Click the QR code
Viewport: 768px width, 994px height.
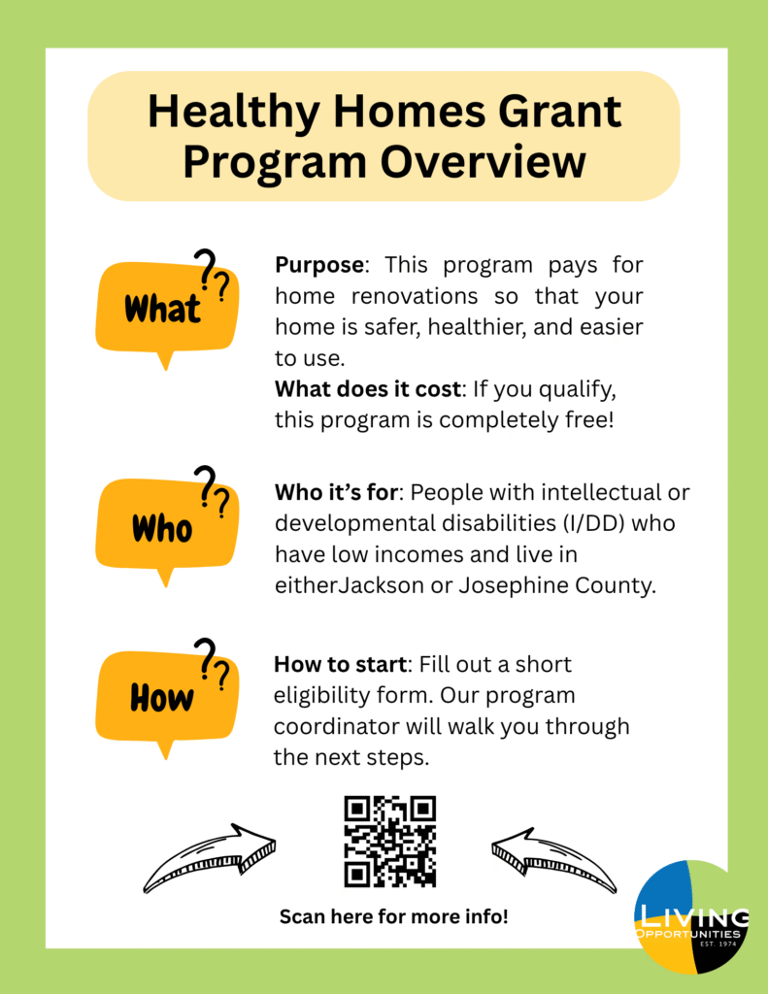pyautogui.click(x=390, y=841)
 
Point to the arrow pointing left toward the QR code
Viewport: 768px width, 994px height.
pyautogui.click(x=554, y=858)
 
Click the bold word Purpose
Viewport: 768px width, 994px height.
pyautogui.click(x=319, y=265)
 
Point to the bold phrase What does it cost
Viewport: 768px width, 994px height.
pyautogui.click(x=366, y=389)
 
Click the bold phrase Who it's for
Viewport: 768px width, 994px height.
pyautogui.click(x=337, y=493)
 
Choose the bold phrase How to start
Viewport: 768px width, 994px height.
pyautogui.click(x=339, y=665)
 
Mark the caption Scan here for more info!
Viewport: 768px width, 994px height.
pyautogui.click(x=393, y=915)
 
